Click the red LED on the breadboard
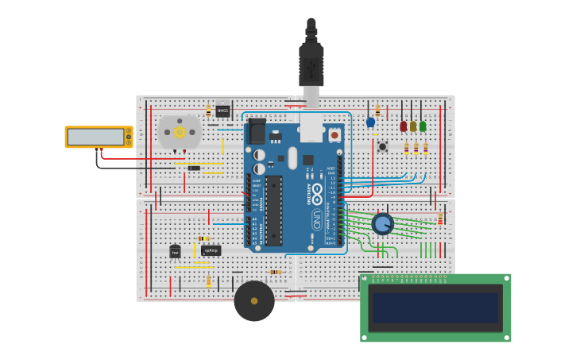tap(404, 126)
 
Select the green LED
tap(423, 126)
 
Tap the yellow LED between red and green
tap(413, 126)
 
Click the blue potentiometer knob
tap(382, 224)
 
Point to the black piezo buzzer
tap(254, 301)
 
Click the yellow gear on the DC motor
tap(180, 132)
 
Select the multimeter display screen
tap(95, 137)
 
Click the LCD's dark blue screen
tap(435, 308)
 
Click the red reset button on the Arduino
tap(334, 135)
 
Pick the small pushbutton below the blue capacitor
tap(382, 146)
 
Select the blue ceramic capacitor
tap(370, 122)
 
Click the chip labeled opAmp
tap(211, 250)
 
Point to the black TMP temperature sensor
tap(175, 252)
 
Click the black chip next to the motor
tap(222, 111)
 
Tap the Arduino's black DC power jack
tap(257, 131)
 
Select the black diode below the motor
tap(194, 168)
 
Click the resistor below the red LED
tap(406, 149)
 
